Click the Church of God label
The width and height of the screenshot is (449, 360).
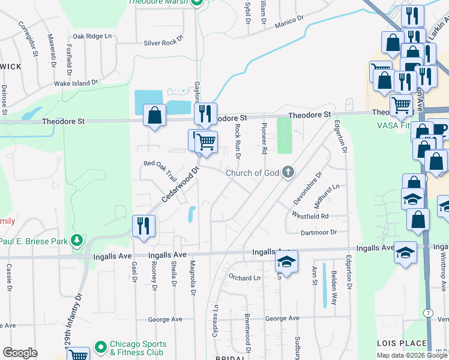[x=253, y=173]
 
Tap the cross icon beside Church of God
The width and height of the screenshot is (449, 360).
[x=288, y=173]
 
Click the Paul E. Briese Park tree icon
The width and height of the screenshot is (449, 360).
[x=77, y=241]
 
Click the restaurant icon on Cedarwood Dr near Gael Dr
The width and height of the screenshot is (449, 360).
[x=143, y=226]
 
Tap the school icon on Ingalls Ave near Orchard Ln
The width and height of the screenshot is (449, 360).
[x=287, y=261]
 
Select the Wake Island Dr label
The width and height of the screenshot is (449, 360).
[x=76, y=83]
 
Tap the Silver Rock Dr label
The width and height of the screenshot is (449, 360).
[x=163, y=43]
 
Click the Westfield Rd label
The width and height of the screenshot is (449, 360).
[x=310, y=215]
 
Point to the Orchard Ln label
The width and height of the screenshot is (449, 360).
[x=244, y=278]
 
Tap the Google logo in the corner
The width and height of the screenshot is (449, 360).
[x=20, y=353]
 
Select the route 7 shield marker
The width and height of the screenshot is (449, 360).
[x=427, y=313]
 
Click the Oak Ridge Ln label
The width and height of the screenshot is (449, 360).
[x=92, y=36]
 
